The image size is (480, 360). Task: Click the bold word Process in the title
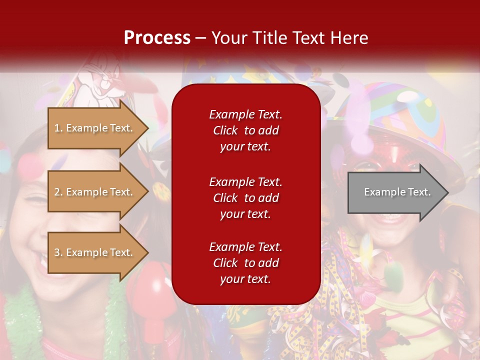pos(157,37)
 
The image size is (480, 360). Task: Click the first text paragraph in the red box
pos(245,130)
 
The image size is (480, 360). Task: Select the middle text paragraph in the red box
pos(245,198)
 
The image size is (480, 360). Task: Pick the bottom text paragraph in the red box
pos(245,263)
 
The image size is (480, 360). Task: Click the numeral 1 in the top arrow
pos(57,128)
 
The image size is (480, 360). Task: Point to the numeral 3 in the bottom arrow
pos(57,252)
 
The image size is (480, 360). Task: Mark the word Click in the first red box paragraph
pos(225,130)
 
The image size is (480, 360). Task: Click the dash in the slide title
pos(200,38)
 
